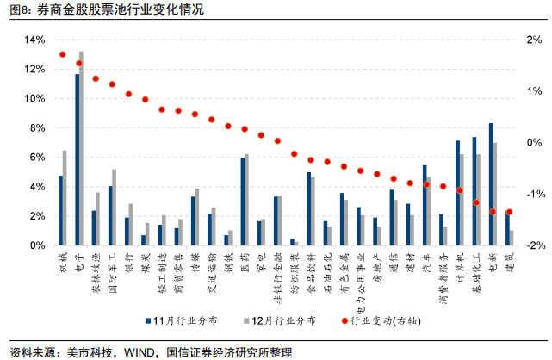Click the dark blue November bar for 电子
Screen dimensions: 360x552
pos(78,159)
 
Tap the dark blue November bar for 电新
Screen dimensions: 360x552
pos(491,184)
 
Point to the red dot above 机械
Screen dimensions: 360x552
pos(63,54)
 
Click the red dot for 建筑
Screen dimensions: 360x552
pos(509,212)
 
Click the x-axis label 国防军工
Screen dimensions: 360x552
pos(112,270)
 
